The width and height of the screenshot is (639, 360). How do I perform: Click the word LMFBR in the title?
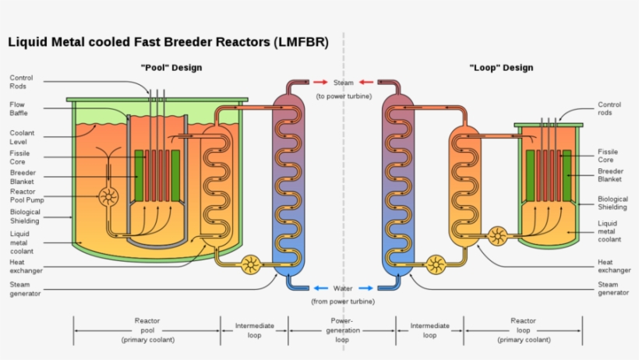298,41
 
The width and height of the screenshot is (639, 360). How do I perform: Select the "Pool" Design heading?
171,68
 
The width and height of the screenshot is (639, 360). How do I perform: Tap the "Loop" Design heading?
501,68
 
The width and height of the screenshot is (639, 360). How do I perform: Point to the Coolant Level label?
23,138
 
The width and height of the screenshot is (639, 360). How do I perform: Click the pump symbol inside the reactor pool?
108,193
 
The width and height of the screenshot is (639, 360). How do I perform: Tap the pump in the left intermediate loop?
252,265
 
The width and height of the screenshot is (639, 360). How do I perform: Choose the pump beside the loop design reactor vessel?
496,235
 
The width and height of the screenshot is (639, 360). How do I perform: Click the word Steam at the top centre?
343,83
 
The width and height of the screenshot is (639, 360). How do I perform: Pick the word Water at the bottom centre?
343,288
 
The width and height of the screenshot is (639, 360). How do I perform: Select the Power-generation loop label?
342,330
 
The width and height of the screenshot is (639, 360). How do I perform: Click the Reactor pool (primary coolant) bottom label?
147,330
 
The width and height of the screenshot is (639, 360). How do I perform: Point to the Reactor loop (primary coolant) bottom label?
523,330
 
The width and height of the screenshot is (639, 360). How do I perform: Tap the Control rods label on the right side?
609,109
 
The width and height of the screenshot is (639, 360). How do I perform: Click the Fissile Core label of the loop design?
608,156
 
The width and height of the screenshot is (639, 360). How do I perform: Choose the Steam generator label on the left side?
26,289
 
